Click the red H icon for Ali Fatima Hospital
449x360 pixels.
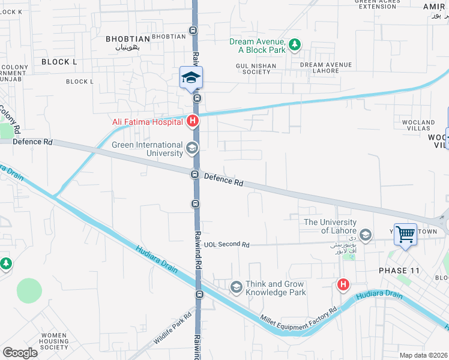coord(193,122)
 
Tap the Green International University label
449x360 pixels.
coord(148,149)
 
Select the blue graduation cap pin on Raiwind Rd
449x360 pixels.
coord(191,78)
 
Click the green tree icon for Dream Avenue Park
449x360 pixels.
coord(295,44)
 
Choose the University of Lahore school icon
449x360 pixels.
coord(366,233)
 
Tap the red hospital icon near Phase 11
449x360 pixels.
coord(343,284)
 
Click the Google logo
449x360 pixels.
coord(20,352)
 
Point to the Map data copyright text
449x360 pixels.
coord(423,355)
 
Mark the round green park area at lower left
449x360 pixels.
coord(29,290)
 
